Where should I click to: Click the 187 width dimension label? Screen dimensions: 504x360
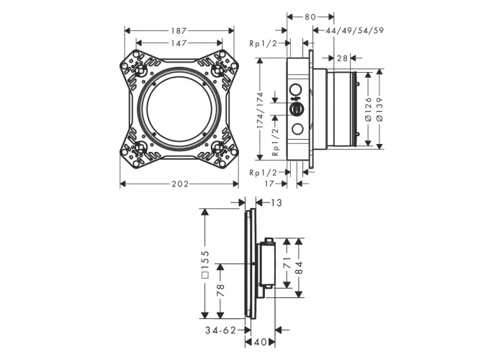tap(179, 31)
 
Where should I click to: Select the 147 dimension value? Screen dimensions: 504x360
tap(179, 43)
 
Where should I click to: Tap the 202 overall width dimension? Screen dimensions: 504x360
tap(180, 184)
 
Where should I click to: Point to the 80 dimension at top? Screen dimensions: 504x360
tap(310, 17)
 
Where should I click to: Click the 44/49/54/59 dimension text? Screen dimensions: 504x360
tap(354, 30)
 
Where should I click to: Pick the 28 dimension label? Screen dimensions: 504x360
tap(343, 58)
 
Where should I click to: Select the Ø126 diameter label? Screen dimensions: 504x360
tap(369, 109)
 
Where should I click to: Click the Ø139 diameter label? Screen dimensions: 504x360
tap(379, 109)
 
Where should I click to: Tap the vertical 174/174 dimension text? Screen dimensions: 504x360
tap(260, 111)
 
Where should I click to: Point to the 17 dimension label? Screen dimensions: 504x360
tap(269, 184)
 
